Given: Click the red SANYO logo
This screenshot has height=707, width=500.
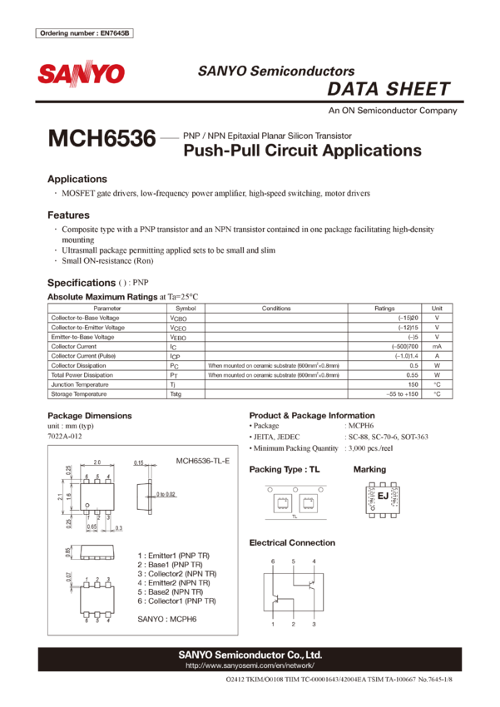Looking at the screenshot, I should [x=81, y=74].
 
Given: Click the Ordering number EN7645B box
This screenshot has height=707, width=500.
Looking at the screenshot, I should [x=85, y=33].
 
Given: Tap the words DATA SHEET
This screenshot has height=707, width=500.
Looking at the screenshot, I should [x=389, y=89].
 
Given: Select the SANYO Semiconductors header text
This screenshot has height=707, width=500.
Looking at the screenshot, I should [x=276, y=72].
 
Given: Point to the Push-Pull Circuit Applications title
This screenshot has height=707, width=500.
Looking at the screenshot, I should [x=302, y=151].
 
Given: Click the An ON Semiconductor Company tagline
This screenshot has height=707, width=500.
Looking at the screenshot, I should [x=392, y=111].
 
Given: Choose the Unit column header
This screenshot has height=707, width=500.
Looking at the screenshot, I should [x=436, y=308].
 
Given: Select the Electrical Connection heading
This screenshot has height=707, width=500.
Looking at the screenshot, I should [x=292, y=543].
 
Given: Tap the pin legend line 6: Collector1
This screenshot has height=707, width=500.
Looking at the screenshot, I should [x=176, y=600].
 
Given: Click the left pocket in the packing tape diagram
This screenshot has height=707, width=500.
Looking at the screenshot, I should [x=280, y=502].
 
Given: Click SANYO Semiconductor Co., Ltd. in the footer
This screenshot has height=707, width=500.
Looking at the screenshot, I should [x=250, y=655].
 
